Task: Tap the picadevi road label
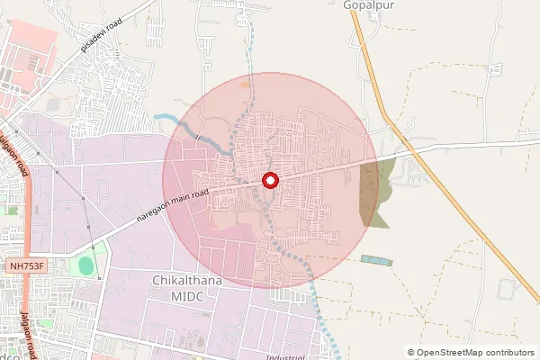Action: (101, 33)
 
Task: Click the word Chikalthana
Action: (186, 281)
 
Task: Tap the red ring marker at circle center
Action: (269, 181)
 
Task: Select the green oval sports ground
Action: (85, 266)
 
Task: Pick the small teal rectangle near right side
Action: (376, 260)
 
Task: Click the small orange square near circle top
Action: (245, 85)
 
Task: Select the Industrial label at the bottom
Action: (286, 356)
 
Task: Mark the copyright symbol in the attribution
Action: (411, 353)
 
